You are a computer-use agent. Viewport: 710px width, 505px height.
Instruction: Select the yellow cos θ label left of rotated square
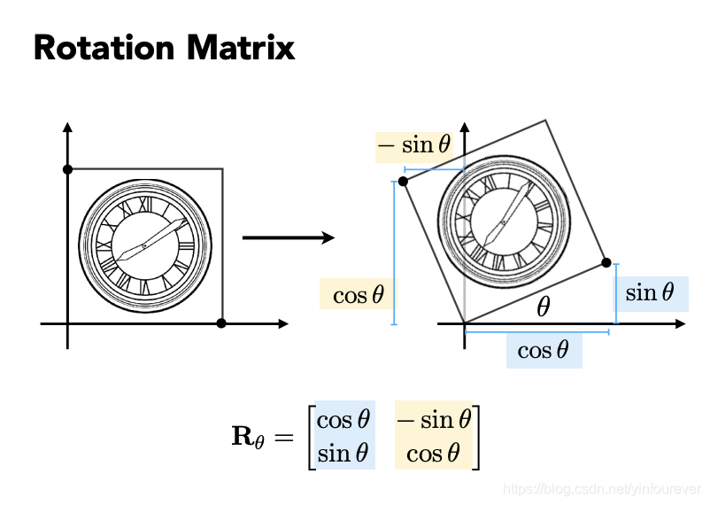click(x=358, y=294)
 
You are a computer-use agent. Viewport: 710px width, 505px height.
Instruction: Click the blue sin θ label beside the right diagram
click(x=650, y=291)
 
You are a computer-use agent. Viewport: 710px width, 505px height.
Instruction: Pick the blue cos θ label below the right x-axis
click(x=543, y=350)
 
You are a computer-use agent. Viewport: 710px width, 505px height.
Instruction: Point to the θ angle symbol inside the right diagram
click(x=543, y=307)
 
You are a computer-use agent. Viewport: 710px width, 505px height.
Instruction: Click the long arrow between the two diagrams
click(x=288, y=237)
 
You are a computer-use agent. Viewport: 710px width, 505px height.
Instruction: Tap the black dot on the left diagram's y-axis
click(x=67, y=168)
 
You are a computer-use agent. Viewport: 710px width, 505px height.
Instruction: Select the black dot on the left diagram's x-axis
click(x=221, y=323)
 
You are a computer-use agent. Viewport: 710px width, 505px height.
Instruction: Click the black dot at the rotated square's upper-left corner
click(x=403, y=181)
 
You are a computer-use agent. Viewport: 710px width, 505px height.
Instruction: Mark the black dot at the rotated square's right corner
click(x=606, y=262)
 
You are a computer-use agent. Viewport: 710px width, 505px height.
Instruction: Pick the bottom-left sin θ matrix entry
click(x=343, y=454)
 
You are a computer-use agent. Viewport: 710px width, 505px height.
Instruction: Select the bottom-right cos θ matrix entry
click(x=433, y=454)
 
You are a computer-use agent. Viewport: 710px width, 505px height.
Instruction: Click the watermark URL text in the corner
click(x=601, y=488)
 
